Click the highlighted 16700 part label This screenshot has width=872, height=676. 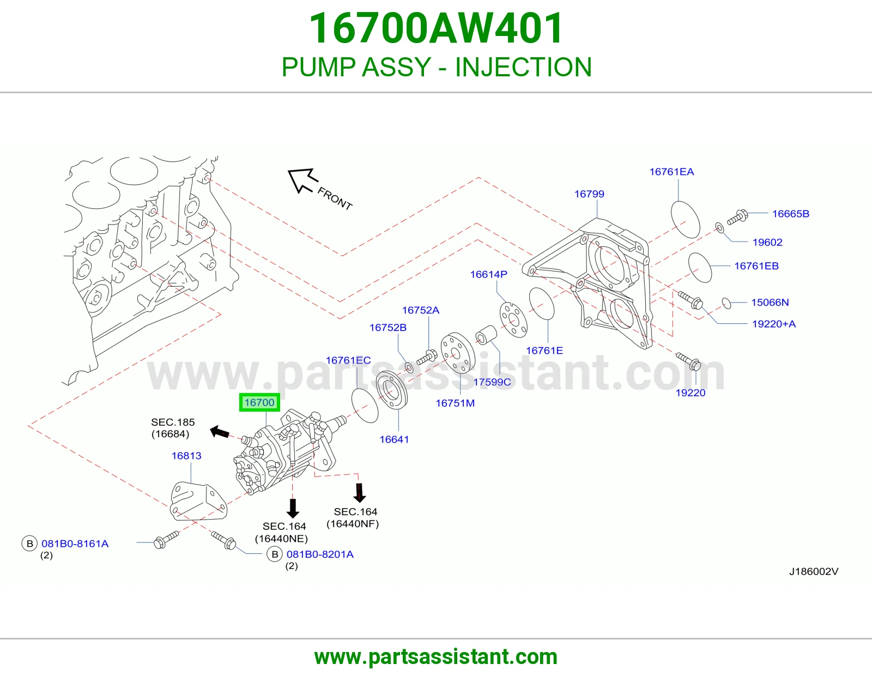(x=259, y=402)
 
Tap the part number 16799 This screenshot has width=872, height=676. (x=589, y=194)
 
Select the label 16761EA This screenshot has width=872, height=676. (x=672, y=172)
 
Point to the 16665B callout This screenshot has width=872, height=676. (x=791, y=214)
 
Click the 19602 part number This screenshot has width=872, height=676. (x=767, y=242)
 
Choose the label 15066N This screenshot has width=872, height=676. (x=770, y=302)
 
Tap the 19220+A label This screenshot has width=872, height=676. (x=774, y=324)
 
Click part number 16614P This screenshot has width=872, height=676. (x=489, y=274)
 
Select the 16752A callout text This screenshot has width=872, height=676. (x=421, y=310)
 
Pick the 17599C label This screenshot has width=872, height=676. (x=492, y=382)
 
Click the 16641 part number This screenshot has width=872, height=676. (x=394, y=439)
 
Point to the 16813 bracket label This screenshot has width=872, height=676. (x=186, y=456)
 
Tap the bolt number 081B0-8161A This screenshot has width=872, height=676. (x=75, y=544)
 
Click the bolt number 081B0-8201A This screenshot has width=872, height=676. (x=320, y=554)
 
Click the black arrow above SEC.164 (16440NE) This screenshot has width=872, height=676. (x=293, y=508)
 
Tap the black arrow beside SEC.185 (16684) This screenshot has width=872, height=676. (x=220, y=432)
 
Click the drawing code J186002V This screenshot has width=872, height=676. (x=813, y=572)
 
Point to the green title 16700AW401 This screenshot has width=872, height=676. (x=436, y=28)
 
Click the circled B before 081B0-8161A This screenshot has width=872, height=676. (x=29, y=544)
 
